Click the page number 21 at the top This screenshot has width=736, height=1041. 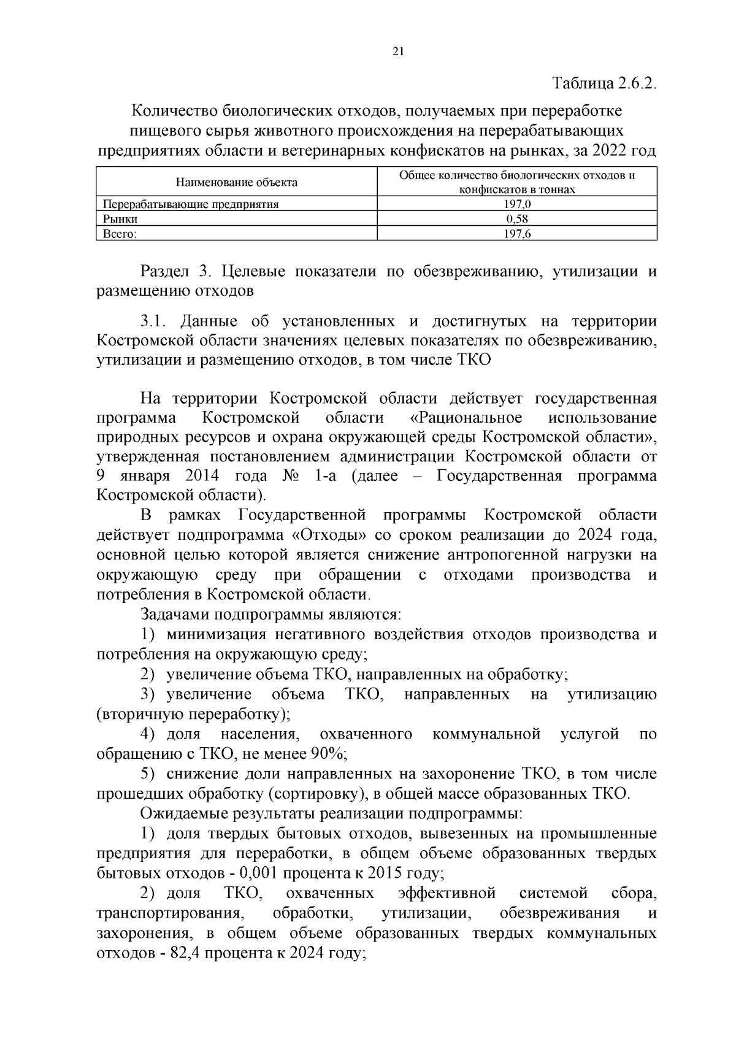397,52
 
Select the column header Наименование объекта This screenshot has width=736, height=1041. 237,182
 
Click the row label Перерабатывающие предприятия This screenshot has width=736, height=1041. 191,205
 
